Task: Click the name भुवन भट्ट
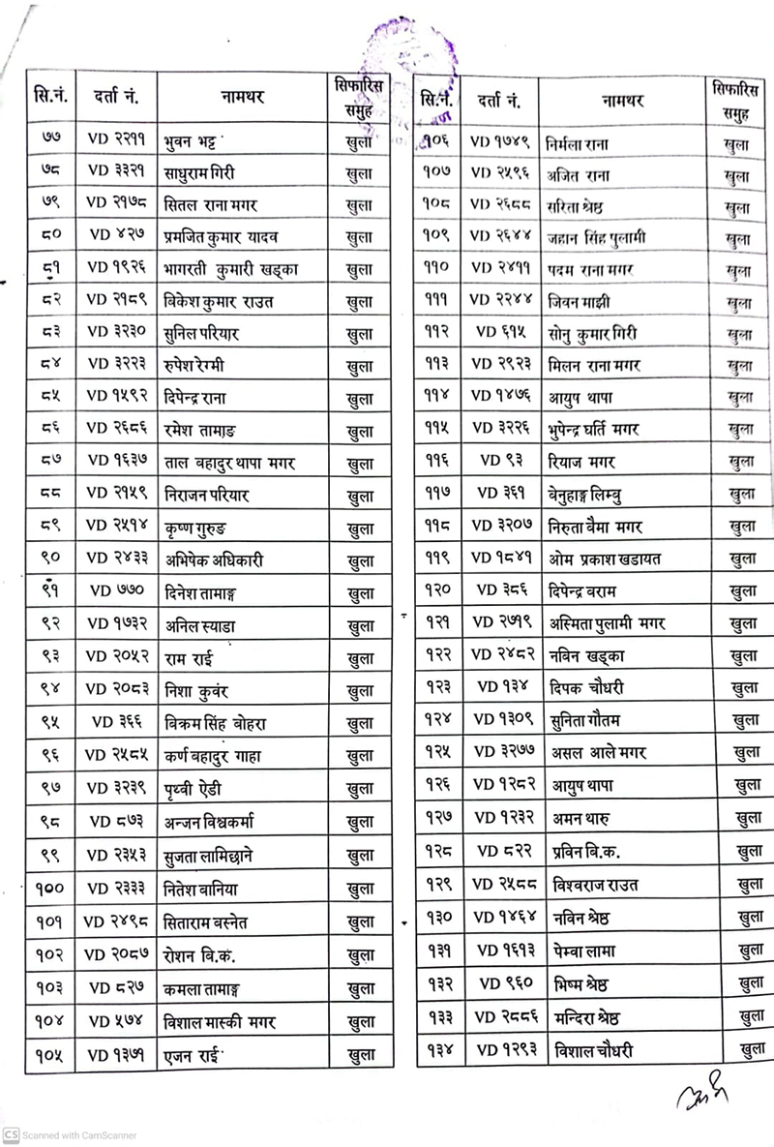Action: tap(197, 142)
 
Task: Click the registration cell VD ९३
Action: tap(499, 463)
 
